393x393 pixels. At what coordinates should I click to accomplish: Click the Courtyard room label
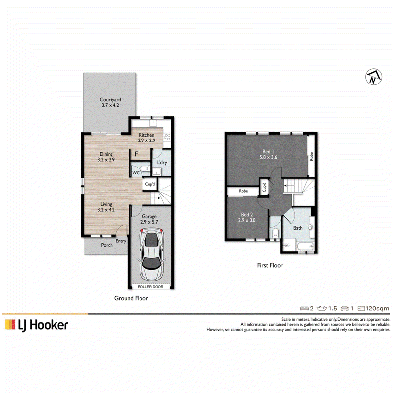[x=110, y=100]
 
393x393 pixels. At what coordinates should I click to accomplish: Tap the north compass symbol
[x=374, y=77]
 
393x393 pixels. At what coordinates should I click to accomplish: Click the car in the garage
[x=151, y=254]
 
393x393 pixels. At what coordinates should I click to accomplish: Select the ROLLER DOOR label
[x=150, y=287]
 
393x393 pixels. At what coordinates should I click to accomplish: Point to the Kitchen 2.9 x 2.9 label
[x=146, y=138]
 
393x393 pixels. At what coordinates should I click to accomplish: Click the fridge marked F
[x=136, y=154]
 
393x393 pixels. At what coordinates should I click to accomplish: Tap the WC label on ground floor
[x=136, y=173]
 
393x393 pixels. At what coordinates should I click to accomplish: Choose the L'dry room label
[x=162, y=163]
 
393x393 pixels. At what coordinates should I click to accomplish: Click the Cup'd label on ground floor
[x=150, y=184]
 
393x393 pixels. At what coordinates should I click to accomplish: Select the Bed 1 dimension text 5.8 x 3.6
[x=268, y=157]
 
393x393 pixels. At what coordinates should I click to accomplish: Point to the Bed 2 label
[x=247, y=215]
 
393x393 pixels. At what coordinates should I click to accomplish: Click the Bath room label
[x=298, y=228]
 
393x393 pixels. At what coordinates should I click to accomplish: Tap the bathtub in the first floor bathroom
[x=306, y=246]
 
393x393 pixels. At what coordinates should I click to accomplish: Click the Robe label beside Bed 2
[x=243, y=191]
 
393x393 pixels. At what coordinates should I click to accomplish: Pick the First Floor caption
[x=270, y=265]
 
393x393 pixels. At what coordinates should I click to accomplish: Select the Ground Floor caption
[x=131, y=298]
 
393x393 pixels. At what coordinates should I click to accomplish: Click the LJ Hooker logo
[x=36, y=325]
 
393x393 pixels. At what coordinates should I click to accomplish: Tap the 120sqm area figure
[x=377, y=309]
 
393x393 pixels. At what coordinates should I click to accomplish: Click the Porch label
[x=107, y=245]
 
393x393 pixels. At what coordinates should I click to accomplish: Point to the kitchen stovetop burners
[x=167, y=137]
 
